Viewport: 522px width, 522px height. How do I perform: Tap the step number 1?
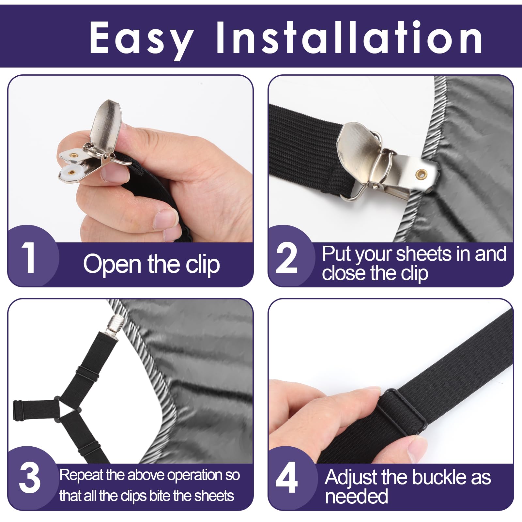[29, 258]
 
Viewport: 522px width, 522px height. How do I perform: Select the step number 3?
[30, 479]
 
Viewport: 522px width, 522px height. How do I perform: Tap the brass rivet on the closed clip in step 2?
[421, 174]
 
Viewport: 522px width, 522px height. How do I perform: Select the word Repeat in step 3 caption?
[81, 476]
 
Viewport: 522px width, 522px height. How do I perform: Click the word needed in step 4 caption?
[356, 497]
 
